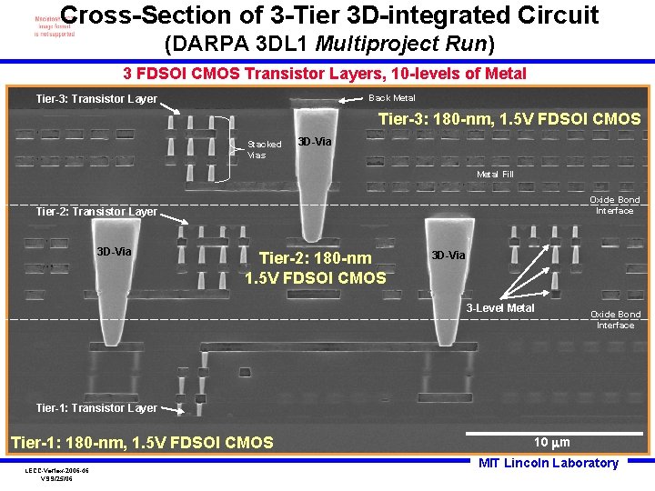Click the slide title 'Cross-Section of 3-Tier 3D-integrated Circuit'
click(x=330, y=15)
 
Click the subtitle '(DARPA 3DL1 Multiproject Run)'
click(x=329, y=44)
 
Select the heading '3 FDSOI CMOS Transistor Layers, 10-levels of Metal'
click(x=324, y=74)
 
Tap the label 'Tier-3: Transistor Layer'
click(x=96, y=99)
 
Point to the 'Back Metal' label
click(x=391, y=98)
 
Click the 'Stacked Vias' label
click(x=265, y=149)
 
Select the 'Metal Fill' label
click(x=495, y=174)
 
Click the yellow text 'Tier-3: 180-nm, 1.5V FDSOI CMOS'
click(x=509, y=119)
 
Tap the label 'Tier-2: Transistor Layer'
click(x=96, y=212)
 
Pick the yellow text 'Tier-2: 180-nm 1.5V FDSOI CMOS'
click(x=316, y=268)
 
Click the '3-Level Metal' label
click(x=500, y=308)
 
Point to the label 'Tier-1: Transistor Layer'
click(x=96, y=408)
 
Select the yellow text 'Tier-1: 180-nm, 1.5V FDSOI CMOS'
click(x=141, y=443)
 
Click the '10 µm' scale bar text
click(x=552, y=443)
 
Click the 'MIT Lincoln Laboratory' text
click(x=549, y=463)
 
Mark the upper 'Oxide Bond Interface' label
click(x=615, y=205)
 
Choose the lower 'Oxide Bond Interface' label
click(x=615, y=319)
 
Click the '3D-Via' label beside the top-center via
click(x=315, y=143)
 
